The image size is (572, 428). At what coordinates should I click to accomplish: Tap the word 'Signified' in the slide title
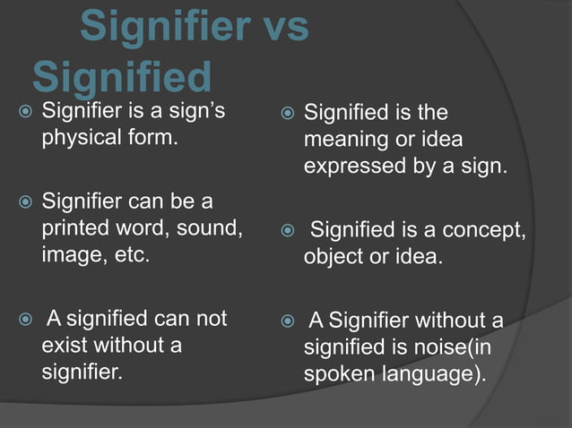coord(122,79)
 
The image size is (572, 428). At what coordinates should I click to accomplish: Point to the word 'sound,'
coord(212,227)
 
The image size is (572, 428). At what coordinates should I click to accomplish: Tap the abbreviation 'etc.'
coord(134,254)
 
